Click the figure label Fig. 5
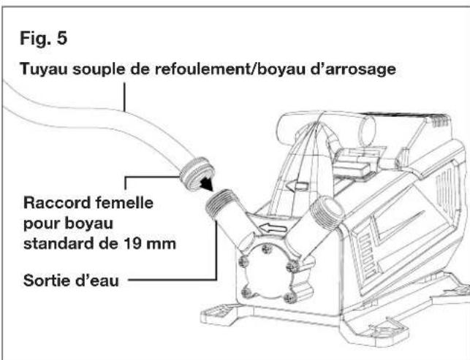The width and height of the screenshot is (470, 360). tap(43, 38)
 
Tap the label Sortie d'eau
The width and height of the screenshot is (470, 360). tap(71, 280)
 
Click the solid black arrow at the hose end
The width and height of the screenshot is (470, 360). tap(207, 183)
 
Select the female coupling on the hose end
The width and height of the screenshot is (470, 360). tap(197, 174)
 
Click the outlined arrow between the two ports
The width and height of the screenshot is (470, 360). tap(273, 229)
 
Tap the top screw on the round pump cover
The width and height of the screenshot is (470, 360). tap(266, 248)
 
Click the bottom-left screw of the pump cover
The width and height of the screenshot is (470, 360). tap(246, 292)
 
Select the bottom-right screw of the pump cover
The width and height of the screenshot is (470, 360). tap(290, 297)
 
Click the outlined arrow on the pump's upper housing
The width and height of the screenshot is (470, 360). tap(297, 186)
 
